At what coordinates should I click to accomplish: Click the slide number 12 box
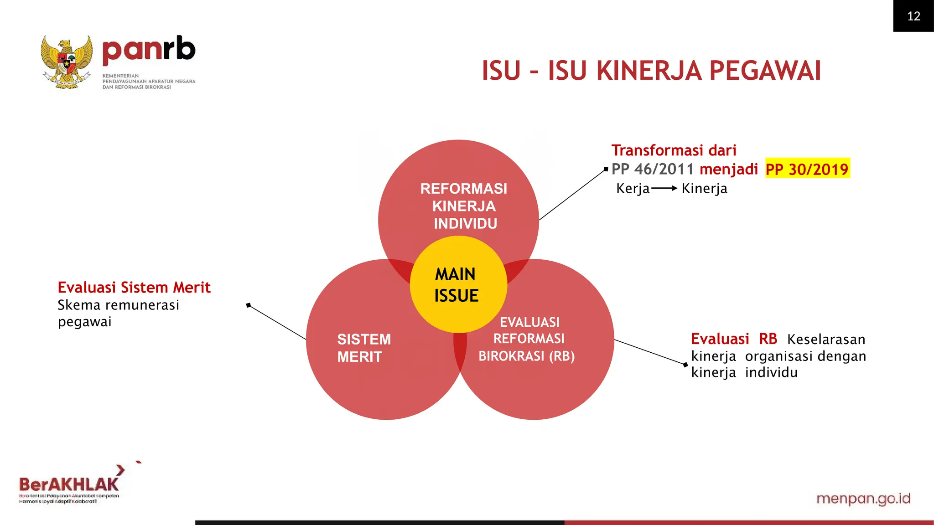[x=913, y=16]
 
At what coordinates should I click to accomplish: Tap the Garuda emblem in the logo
[x=67, y=62]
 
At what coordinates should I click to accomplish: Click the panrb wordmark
[x=149, y=50]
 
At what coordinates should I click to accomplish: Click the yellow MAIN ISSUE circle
[x=458, y=284]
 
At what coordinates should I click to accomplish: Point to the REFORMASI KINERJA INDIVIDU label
[x=464, y=206]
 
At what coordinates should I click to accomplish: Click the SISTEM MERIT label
[x=363, y=348]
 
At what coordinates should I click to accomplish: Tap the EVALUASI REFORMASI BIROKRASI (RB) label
[x=528, y=339]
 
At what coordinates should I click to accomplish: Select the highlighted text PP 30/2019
[x=807, y=169]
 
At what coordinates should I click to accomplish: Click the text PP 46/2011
[x=652, y=169]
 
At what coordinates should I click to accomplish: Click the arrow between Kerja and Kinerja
[x=664, y=188]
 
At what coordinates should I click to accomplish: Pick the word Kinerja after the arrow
[x=704, y=188]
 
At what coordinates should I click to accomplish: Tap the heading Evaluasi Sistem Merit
[x=134, y=288]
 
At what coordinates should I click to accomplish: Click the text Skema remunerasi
[x=118, y=305]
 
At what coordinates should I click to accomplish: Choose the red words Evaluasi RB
[x=733, y=339]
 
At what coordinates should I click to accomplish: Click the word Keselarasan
[x=826, y=340]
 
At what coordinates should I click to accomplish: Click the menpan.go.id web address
[x=863, y=499]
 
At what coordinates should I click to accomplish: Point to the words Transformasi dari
[x=674, y=150]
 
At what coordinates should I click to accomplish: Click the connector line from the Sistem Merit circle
[x=277, y=322]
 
